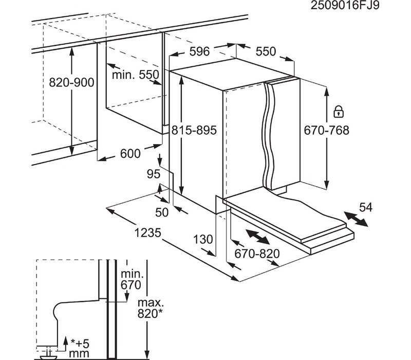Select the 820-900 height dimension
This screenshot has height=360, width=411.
tap(71, 82)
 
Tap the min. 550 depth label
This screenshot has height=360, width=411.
tap(136, 75)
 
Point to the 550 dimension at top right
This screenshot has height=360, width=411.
tap(266, 52)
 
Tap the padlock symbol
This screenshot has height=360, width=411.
tap(338, 111)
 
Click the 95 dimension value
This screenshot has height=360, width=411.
tap(154, 174)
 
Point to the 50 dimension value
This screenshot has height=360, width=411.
tap(162, 211)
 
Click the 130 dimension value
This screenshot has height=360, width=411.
tap(203, 239)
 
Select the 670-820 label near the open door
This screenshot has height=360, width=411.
tap(257, 254)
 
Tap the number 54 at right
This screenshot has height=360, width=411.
tap(365, 207)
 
